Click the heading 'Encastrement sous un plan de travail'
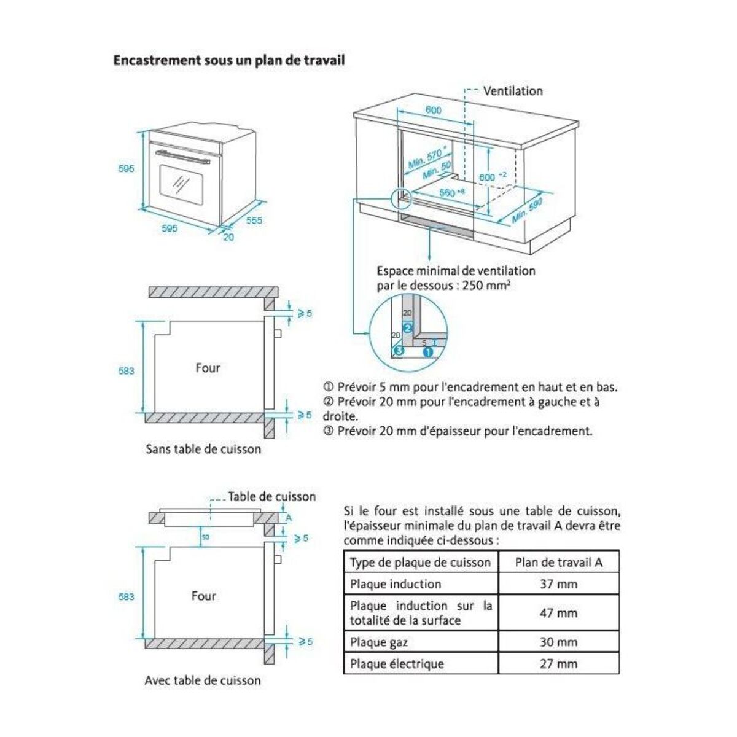pos(228,60)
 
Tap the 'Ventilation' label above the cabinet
pos(513,91)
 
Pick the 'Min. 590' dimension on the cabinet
pos(527,211)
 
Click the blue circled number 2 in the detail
pos(406,327)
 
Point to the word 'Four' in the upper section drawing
pos(208,368)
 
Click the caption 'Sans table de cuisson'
pos(203,449)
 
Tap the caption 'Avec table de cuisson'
pos(203,680)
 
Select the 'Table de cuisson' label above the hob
pos(271,496)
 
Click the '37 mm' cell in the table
pos(558,583)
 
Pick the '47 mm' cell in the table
pos(558,612)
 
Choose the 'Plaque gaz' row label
pos(379,642)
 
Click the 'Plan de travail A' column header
pos(558,562)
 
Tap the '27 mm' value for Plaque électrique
pos(558,663)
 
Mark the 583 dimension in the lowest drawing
pos(126,596)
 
